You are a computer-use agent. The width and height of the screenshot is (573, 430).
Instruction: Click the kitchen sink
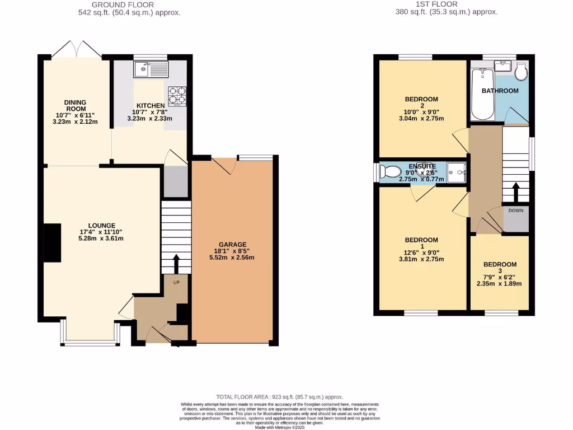(150, 70)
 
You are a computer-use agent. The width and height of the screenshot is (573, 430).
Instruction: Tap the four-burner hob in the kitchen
(177, 96)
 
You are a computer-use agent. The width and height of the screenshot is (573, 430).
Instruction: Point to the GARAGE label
(233, 245)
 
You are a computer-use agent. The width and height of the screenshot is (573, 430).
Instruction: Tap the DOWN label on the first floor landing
(516, 211)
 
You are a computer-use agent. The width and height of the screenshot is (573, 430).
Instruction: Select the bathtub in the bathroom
(482, 94)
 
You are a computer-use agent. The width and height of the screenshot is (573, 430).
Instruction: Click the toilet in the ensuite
(390, 172)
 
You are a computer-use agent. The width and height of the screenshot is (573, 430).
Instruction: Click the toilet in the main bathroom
(521, 72)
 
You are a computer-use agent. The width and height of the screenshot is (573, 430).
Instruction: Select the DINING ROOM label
(75, 105)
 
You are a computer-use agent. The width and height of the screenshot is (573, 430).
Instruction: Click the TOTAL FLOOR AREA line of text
(279, 396)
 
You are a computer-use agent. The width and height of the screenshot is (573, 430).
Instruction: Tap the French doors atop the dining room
(78, 49)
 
